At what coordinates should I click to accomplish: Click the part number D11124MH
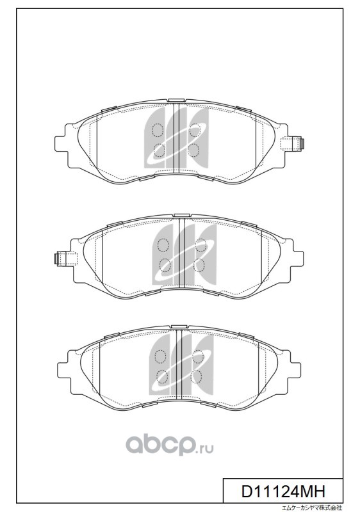click(283, 491)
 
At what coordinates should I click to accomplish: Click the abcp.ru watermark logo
click(170, 445)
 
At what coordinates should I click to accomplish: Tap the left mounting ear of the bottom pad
click(64, 369)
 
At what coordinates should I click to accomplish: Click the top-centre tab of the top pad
click(176, 100)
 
